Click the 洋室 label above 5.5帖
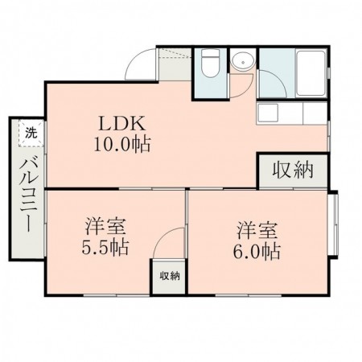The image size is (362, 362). (105, 226)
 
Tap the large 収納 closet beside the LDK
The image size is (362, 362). (293, 170)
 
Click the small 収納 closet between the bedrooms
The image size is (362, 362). (169, 277)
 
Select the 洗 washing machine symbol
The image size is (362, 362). (29, 133)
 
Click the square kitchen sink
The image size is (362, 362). (269, 113)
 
